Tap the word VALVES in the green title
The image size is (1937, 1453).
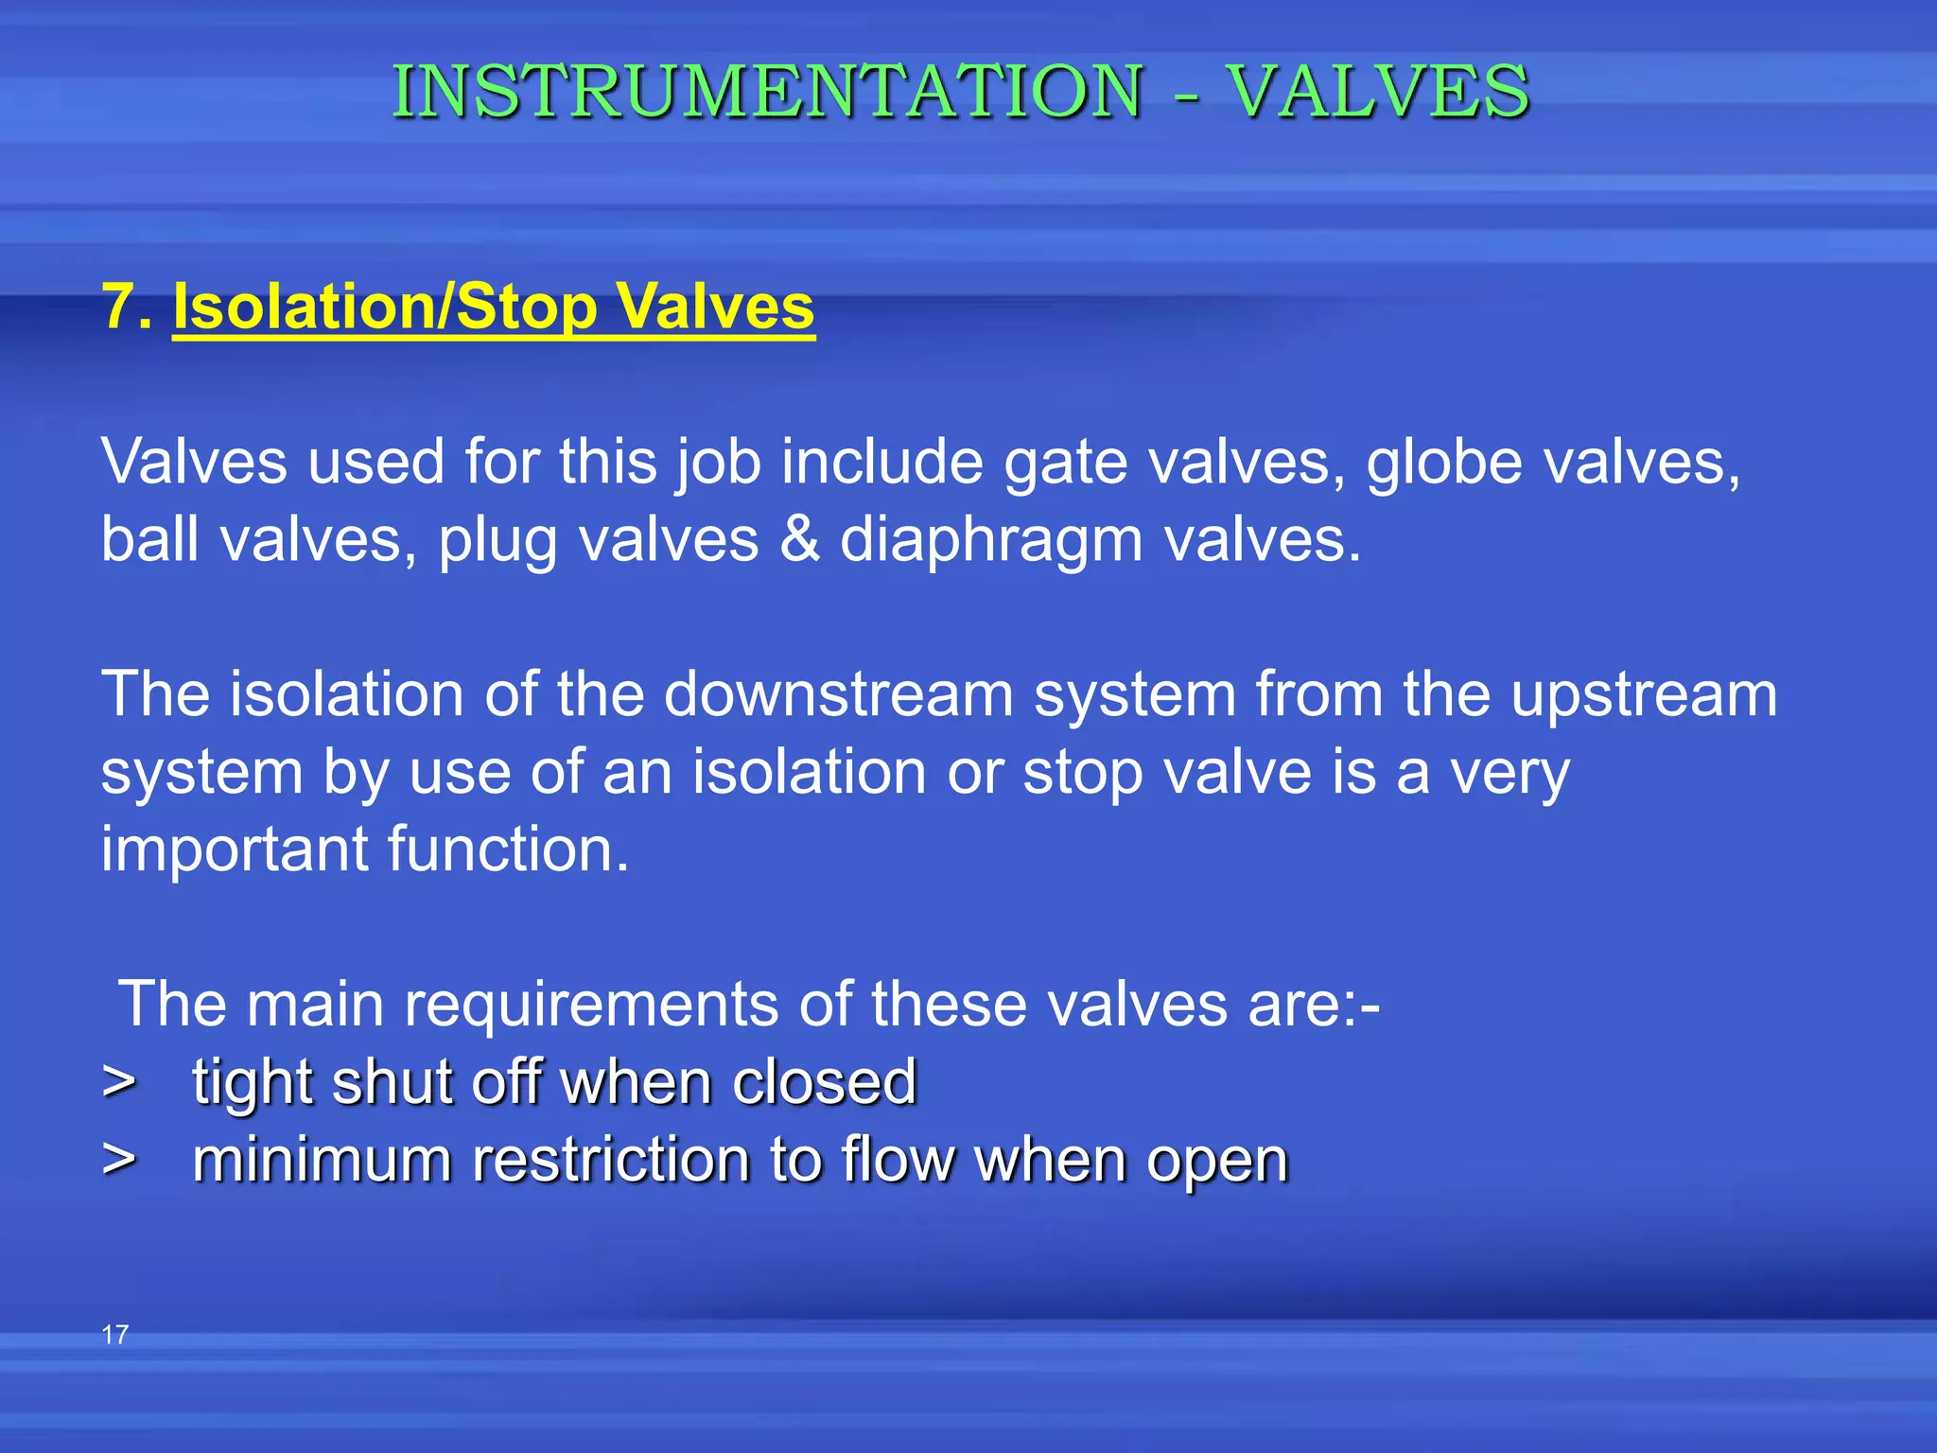click(1378, 92)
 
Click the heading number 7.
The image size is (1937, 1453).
click(126, 306)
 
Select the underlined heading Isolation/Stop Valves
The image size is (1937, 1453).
click(493, 306)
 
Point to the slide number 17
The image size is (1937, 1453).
click(114, 1335)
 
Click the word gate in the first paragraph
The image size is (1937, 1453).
click(1065, 464)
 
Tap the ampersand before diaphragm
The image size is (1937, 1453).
click(799, 539)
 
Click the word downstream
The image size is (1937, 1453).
click(838, 694)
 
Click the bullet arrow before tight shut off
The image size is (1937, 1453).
click(118, 1081)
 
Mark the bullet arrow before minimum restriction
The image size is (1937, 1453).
click(118, 1159)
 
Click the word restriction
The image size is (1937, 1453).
click(611, 1159)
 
